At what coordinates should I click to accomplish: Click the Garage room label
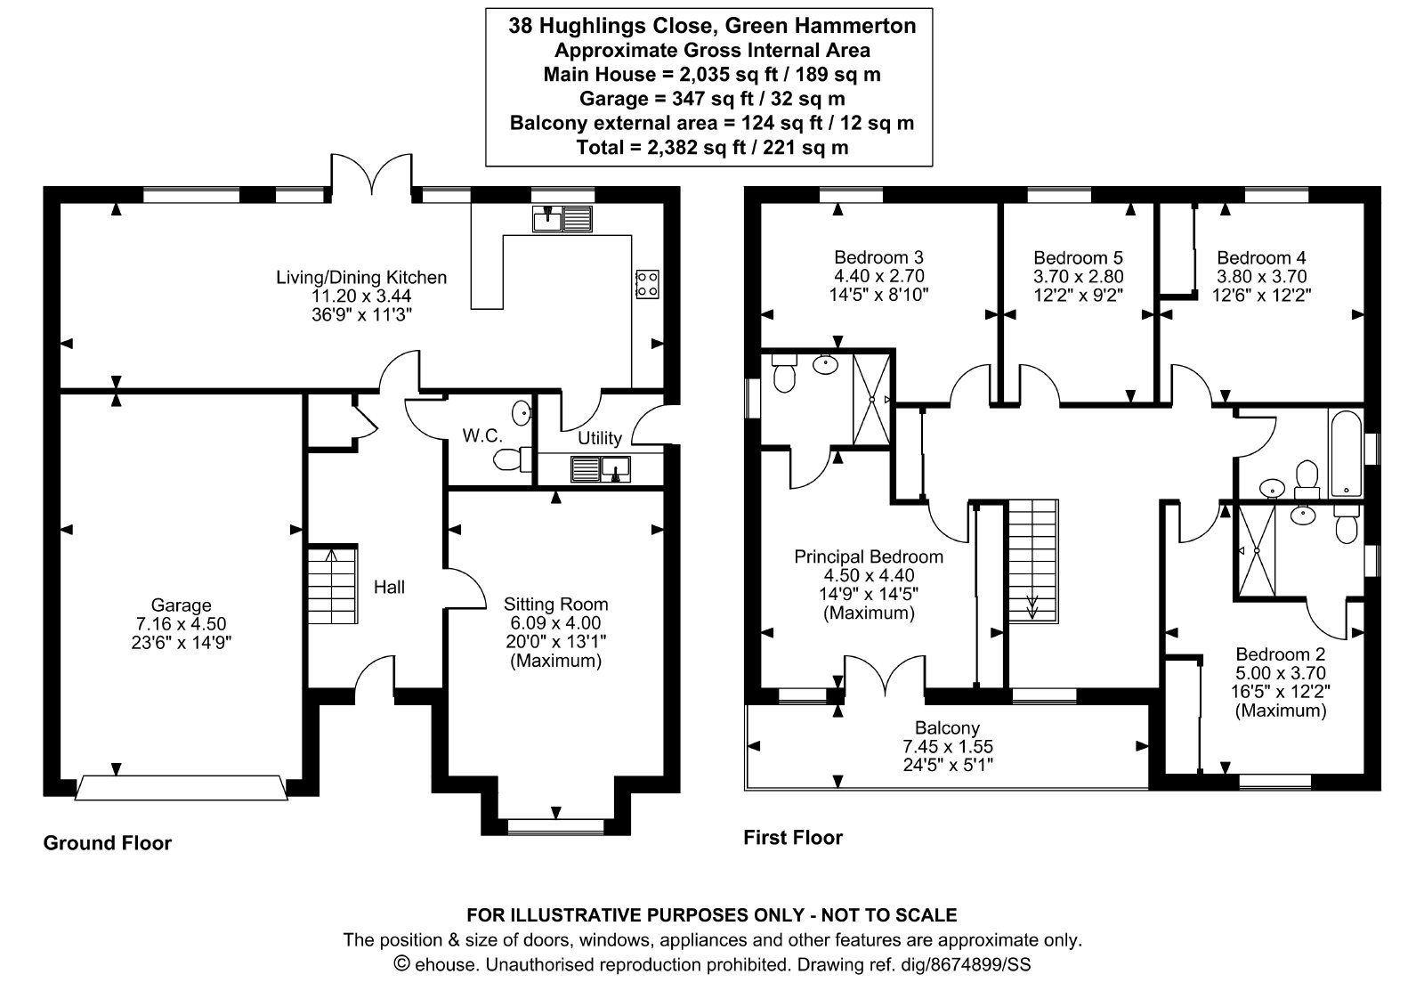coord(181,605)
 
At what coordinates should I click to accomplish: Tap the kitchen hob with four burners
coord(647,284)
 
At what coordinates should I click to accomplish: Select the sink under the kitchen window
coord(562,219)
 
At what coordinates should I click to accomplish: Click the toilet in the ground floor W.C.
coord(512,459)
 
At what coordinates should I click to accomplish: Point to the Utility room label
coord(600,438)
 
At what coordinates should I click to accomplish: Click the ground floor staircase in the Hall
coord(333,585)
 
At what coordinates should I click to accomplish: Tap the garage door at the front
coord(182,788)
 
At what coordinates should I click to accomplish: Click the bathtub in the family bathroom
coord(1345,453)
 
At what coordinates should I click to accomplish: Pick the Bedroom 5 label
coord(1078,257)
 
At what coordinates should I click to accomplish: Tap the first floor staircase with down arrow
coord(1033,561)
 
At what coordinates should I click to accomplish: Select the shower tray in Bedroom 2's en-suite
coord(1256,551)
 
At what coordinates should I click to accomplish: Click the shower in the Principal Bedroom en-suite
coord(871,400)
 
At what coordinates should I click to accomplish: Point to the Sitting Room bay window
coord(555,825)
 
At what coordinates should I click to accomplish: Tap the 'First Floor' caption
coord(793,837)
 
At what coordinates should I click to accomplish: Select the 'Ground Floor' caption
coord(108,843)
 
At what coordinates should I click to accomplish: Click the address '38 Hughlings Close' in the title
coord(613,26)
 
